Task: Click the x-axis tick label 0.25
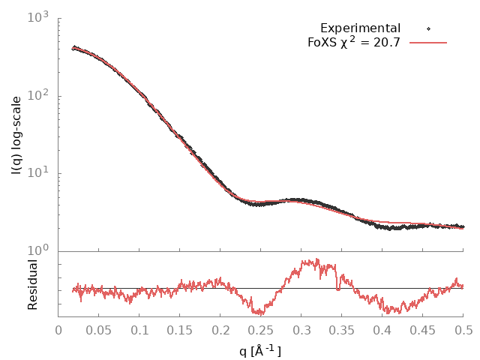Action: click(261, 330)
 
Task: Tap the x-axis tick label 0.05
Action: click(99, 330)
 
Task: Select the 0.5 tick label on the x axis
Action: click(463, 330)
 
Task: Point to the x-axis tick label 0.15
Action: click(180, 330)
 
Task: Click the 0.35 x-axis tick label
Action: click(342, 330)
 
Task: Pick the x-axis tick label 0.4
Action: click(382, 330)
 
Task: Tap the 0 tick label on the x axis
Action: click(58, 330)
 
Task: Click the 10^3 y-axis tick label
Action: click(38, 16)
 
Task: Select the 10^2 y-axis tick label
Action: click(38, 95)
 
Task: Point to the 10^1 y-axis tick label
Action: click(38, 173)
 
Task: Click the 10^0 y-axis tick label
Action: click(38, 250)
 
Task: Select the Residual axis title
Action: click(33, 285)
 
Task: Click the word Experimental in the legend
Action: click(360, 28)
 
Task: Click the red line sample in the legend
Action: click(428, 43)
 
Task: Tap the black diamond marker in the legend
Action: click(428, 28)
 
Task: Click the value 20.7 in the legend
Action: click(385, 43)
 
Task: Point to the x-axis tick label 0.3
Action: click(301, 330)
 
